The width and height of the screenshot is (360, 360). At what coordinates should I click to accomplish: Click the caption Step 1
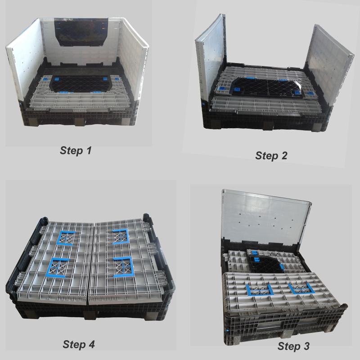pyautogui.click(x=76, y=151)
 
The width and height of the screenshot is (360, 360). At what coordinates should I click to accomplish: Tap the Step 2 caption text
pyautogui.click(x=271, y=156)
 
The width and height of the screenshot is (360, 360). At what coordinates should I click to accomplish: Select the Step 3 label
pyautogui.click(x=293, y=346)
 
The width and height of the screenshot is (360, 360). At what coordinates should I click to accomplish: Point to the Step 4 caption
pyautogui.click(x=79, y=345)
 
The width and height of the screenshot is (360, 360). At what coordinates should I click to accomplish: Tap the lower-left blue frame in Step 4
pyautogui.click(x=58, y=269)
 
